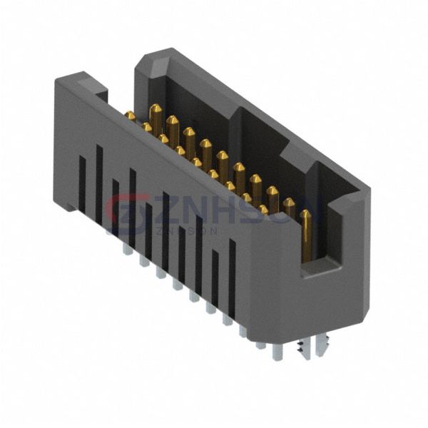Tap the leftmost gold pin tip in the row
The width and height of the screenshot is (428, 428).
131,116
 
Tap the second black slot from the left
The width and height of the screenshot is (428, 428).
99,182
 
